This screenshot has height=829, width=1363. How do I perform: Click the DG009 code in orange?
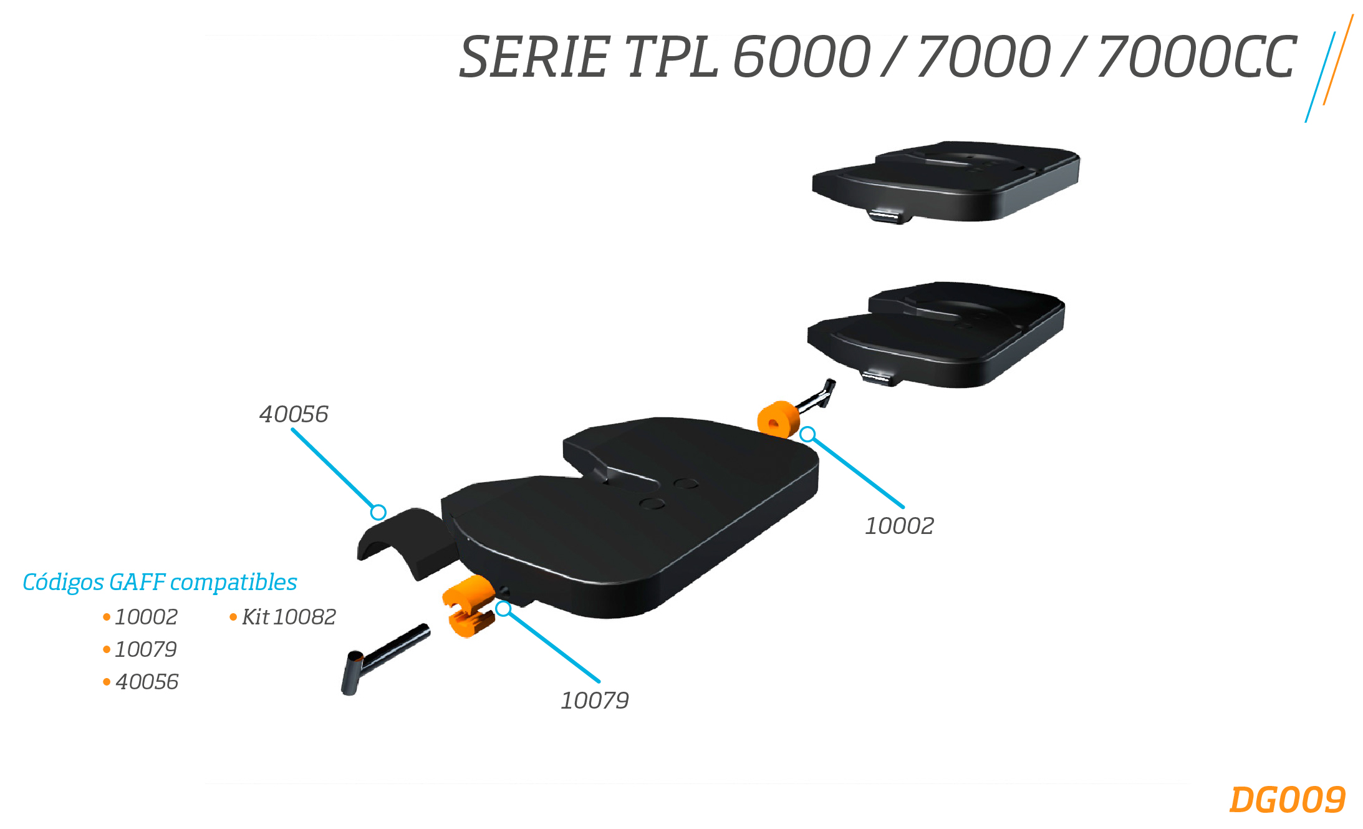1287,800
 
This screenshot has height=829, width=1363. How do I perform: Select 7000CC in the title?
1197,57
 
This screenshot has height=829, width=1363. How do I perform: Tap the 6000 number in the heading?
801,57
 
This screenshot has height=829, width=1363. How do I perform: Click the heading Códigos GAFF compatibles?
160,582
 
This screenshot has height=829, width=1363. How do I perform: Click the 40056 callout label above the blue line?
294,414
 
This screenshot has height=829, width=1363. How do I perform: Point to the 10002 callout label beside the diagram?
899,526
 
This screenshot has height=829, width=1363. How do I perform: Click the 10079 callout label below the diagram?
595,701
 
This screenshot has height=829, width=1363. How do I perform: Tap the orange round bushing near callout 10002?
778,419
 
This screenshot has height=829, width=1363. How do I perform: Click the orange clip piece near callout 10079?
468,606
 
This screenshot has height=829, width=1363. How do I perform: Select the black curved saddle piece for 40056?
407,542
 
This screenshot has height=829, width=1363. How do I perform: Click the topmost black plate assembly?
946,181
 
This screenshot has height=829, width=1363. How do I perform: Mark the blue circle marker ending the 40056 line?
378,512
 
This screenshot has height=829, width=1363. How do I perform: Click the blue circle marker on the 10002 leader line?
807,434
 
